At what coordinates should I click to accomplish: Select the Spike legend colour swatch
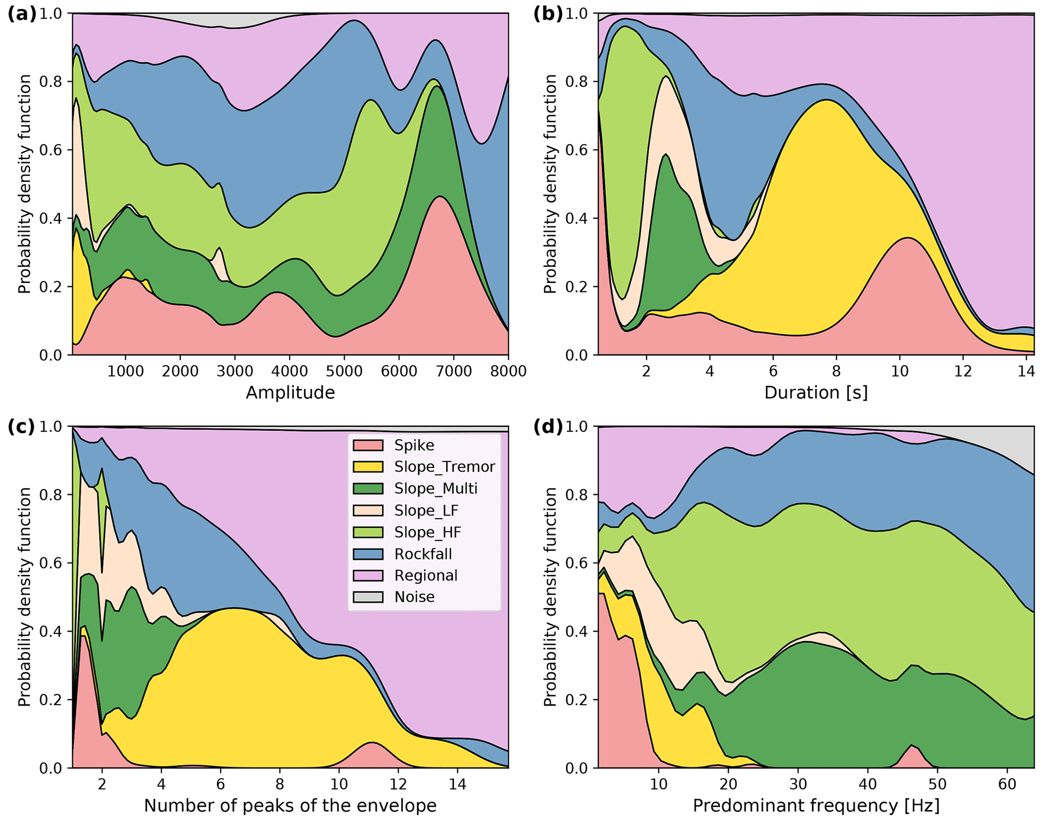pos(368,445)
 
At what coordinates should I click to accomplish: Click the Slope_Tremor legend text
pos(444,467)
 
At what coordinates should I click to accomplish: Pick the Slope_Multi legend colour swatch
pos(368,488)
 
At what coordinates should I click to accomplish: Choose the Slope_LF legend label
pos(426,511)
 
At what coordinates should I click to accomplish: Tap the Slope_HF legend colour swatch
pos(368,532)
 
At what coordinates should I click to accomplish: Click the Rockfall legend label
pos(423,554)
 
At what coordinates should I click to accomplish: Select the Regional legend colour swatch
pos(368,576)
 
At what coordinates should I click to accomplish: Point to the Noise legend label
pos(415,597)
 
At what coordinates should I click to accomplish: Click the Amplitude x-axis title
pos(290,393)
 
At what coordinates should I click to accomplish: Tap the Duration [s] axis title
pos(816,393)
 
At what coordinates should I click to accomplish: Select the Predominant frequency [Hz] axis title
pos(816,806)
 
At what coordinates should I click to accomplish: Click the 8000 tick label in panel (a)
pos(508,372)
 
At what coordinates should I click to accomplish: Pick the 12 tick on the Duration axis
pos(963,372)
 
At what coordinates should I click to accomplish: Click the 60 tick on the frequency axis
pos(1007,785)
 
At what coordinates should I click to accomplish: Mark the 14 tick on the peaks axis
pos(457,785)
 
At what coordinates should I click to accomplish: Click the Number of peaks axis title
pos(290,806)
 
